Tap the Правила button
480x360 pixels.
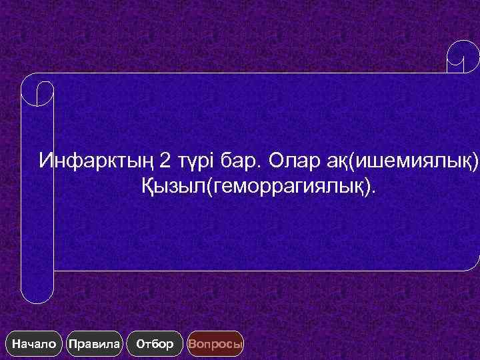[x=95, y=344]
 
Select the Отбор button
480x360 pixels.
[x=154, y=344]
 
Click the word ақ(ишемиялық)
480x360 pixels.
[x=407, y=161]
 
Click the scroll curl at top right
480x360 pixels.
[x=463, y=57]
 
